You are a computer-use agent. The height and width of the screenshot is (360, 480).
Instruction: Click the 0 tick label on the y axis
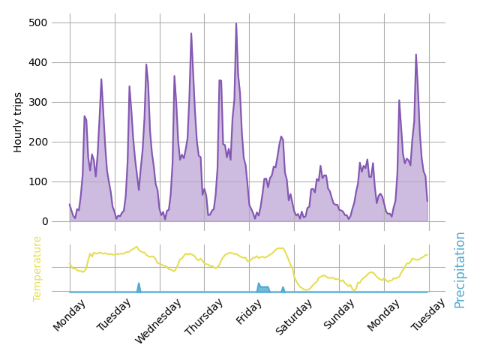pyautogui.click(x=44, y=221)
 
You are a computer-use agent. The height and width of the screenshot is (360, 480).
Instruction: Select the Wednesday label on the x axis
pyautogui.click(x=158, y=321)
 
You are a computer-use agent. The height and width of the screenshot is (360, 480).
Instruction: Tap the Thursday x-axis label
pyautogui.click(x=205, y=318)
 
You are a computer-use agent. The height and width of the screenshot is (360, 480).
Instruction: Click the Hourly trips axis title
pyautogui.click(x=19, y=122)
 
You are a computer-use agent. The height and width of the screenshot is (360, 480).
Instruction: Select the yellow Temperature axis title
pyautogui.click(x=37, y=268)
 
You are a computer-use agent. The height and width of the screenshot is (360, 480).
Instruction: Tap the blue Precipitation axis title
pyautogui.click(x=460, y=269)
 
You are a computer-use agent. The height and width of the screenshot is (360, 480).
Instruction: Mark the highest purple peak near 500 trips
pyautogui.click(x=236, y=23)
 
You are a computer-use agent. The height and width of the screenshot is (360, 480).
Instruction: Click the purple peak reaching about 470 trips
pyautogui.click(x=191, y=34)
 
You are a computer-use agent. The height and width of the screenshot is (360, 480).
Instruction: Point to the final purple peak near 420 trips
pyautogui.click(x=416, y=55)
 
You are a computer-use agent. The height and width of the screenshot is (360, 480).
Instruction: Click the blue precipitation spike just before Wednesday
pyautogui.click(x=139, y=285)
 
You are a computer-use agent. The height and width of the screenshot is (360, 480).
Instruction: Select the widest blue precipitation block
pyautogui.click(x=263, y=288)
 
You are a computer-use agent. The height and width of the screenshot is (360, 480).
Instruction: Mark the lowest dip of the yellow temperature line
pyautogui.click(x=305, y=289)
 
